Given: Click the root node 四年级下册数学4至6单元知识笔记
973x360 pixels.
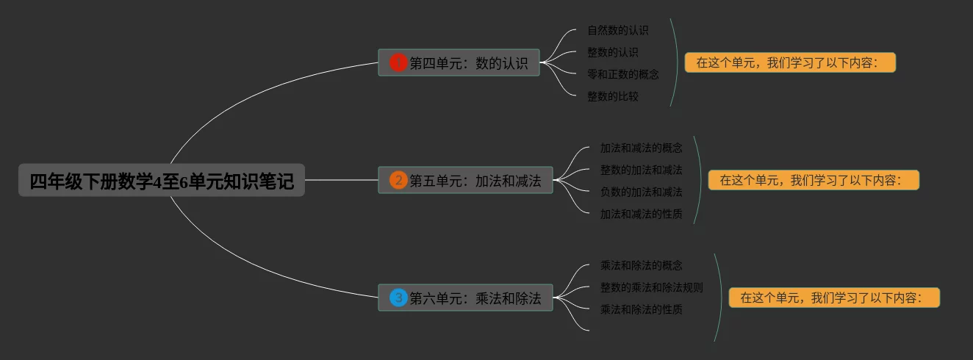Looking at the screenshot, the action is click(162, 181).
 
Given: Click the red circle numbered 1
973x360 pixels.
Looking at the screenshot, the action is click(398, 63).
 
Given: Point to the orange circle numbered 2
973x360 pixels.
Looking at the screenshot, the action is click(398, 181).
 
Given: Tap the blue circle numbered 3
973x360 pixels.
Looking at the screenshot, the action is click(398, 298).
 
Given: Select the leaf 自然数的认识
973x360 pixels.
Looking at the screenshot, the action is click(617, 30).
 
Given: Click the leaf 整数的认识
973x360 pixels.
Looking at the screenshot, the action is click(612, 52).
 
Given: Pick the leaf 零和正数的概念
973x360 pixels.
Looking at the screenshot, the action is click(622, 74).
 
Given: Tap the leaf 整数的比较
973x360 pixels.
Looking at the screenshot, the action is click(612, 96).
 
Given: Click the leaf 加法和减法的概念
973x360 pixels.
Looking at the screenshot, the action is click(641, 148).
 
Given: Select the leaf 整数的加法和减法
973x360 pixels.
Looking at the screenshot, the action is click(641, 170).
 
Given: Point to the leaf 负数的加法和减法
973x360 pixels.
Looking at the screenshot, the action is click(641, 192).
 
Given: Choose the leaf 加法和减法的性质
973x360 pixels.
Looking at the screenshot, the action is click(641, 214).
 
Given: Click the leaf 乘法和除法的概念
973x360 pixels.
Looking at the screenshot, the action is click(641, 265).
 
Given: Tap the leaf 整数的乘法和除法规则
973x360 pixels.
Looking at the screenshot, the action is click(651, 287).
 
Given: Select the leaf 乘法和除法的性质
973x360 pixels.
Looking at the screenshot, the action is click(641, 309).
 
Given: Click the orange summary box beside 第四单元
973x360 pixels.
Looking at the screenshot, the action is click(790, 63).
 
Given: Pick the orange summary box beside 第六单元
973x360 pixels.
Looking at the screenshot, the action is click(834, 298).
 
